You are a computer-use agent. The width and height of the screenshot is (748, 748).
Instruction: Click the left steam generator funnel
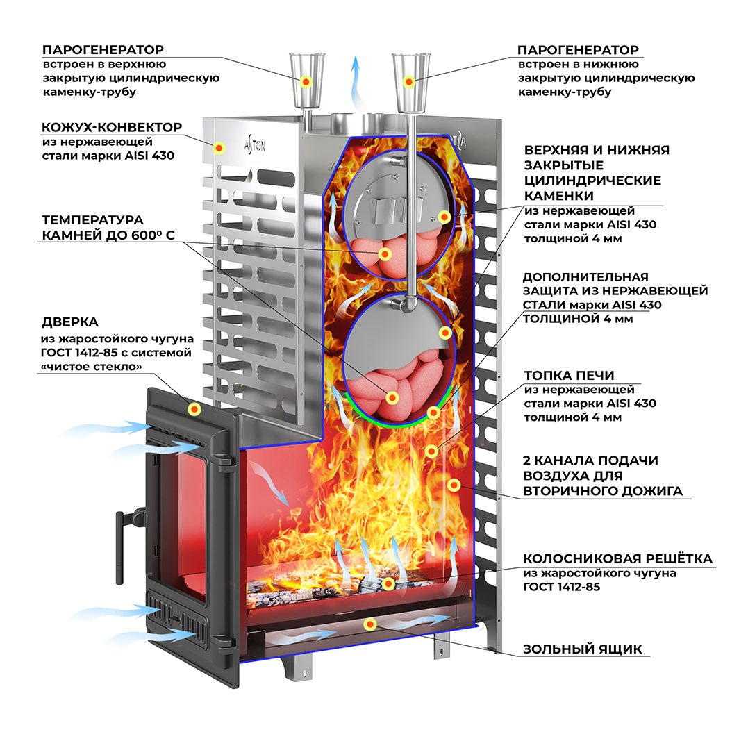click(307, 81)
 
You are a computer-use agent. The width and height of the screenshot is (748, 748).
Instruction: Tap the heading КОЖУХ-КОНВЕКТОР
click(112, 127)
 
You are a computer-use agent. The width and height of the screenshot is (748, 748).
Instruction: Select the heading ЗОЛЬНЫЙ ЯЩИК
click(582, 649)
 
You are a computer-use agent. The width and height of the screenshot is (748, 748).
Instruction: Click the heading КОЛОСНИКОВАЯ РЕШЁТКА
click(617, 558)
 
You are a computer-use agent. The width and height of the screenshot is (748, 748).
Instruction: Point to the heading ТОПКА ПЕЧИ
click(569, 376)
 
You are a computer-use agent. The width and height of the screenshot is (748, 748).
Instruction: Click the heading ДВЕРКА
click(70, 322)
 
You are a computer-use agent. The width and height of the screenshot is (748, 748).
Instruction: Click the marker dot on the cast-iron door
click(194, 409)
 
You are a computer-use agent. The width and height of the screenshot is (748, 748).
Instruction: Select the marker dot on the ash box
click(370, 624)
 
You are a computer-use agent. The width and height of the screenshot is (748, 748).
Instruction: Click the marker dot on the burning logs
click(388, 583)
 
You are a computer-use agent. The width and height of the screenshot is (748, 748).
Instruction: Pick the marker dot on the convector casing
click(219, 148)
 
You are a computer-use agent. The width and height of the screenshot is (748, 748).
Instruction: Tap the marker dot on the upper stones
click(385, 254)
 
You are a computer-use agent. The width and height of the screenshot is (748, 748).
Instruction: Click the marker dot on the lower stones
click(392, 397)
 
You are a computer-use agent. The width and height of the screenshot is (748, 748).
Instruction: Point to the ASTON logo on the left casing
click(255, 144)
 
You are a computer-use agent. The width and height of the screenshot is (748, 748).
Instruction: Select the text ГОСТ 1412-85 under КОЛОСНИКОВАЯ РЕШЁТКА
click(561, 587)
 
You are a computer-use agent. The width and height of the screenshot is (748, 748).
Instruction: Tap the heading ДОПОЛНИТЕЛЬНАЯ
click(585, 277)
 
